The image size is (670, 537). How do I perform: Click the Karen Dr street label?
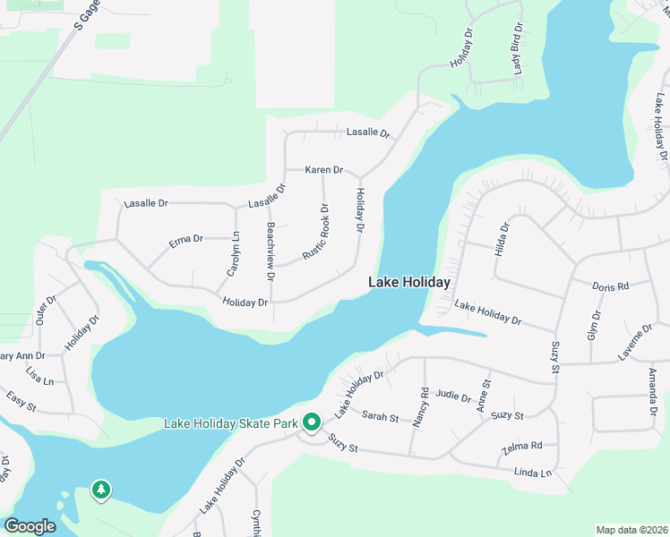point(323,169)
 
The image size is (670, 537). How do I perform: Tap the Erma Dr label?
point(186,239)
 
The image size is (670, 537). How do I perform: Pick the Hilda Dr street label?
point(501,240)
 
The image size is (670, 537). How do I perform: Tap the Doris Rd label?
point(611,286)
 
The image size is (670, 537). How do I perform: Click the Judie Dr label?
point(453,395)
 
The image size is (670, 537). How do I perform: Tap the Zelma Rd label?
point(524,445)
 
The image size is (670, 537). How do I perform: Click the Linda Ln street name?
point(533,472)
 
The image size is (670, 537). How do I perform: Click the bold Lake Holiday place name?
point(409,282)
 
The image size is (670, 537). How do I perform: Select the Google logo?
point(30,525)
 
